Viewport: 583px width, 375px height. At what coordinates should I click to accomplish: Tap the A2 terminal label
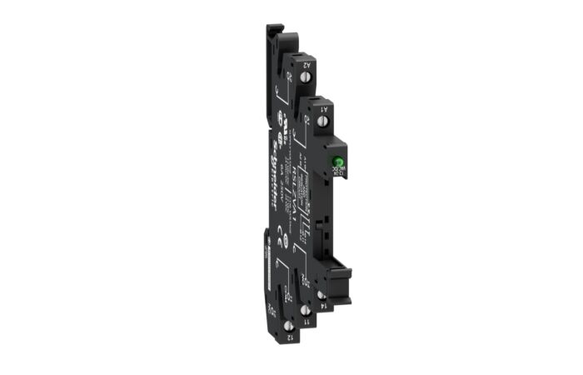pyautogui.click(x=306, y=63)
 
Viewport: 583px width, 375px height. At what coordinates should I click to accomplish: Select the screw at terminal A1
pyautogui.click(x=324, y=123)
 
